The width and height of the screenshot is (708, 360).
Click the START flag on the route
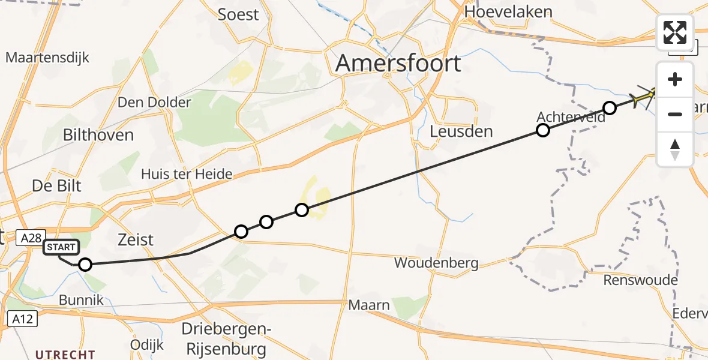[61, 247]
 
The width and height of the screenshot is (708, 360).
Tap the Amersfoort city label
[398, 63]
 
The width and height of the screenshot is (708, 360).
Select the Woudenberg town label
[436, 263]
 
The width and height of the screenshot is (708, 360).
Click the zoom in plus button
[675, 79]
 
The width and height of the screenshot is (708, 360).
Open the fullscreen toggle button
[675, 32]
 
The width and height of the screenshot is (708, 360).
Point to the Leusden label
[461, 131]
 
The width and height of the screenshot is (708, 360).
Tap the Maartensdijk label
[47, 58]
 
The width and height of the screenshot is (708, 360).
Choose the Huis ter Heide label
[187, 175]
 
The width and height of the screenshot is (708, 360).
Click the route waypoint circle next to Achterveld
[542, 130]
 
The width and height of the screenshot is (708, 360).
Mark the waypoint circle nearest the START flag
[85, 265]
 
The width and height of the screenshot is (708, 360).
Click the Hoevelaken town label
[508, 12]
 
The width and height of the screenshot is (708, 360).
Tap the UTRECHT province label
[65, 355]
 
